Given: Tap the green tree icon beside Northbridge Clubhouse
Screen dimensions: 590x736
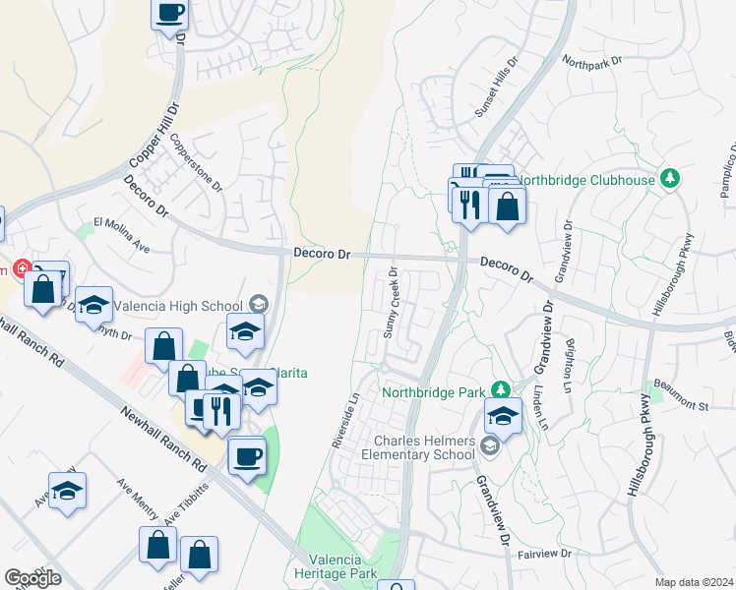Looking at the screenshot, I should click(x=670, y=178).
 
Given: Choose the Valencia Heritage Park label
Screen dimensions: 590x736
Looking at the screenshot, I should click(x=336, y=567).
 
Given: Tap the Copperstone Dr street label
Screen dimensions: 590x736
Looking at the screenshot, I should click(x=198, y=163).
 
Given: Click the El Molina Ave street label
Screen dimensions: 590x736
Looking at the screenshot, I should click(x=120, y=236).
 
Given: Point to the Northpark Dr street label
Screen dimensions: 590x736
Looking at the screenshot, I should click(x=593, y=61).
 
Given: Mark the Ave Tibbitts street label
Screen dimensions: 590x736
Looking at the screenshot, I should click(x=187, y=502).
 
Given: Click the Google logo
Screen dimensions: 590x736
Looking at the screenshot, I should click(x=32, y=578).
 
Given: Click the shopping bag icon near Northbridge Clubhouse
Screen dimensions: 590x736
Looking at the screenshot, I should click(x=508, y=206).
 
